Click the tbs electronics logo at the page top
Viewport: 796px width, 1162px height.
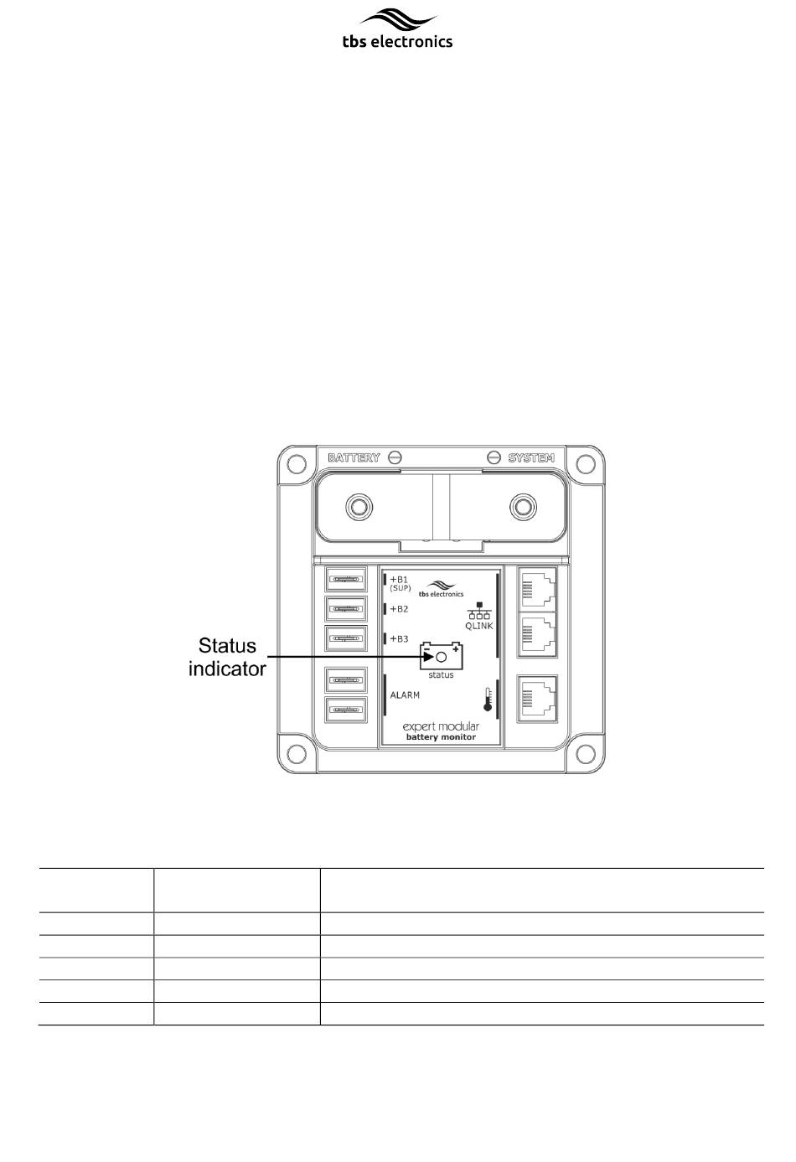click(x=397, y=28)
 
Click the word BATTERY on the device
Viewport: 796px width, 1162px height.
click(x=354, y=457)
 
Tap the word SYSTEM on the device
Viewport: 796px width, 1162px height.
click(x=531, y=457)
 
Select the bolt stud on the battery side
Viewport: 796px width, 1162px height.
click(x=359, y=506)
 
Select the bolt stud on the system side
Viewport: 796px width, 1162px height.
click(x=523, y=506)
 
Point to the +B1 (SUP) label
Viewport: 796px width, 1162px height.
click(x=400, y=583)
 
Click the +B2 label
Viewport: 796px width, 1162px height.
click(x=399, y=609)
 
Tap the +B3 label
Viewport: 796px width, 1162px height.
click(x=399, y=638)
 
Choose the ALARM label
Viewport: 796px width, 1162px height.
click(x=405, y=695)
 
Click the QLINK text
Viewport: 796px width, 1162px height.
click(x=479, y=626)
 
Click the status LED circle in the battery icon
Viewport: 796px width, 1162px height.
click(x=442, y=658)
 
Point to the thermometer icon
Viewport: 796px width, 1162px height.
click(x=488, y=700)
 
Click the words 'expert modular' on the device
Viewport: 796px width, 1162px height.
click(x=441, y=726)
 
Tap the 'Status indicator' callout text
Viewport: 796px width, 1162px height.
click(x=227, y=658)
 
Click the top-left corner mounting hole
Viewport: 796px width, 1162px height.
click(x=297, y=464)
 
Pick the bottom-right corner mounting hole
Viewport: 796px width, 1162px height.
click(x=586, y=754)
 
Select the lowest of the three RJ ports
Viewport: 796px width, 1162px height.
click(x=537, y=699)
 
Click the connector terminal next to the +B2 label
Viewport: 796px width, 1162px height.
click(x=345, y=609)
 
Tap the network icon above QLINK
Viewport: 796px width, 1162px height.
click(x=479, y=611)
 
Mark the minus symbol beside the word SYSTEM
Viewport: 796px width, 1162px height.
click(x=494, y=457)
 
